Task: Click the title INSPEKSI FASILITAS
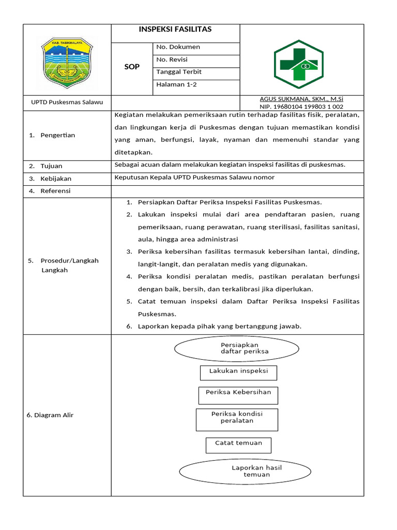tap(175, 30)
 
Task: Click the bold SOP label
tap(132, 67)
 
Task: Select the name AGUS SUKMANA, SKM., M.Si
tap(301, 99)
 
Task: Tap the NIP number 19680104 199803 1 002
tap(301, 107)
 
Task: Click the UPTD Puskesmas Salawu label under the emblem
tap(67, 102)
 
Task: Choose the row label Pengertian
tap(57, 135)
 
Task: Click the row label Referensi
tap(56, 191)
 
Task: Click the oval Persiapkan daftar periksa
tap(237, 348)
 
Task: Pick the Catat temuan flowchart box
tap(238, 444)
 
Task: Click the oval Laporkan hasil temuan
tap(245, 471)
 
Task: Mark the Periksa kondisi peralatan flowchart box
tap(237, 419)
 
